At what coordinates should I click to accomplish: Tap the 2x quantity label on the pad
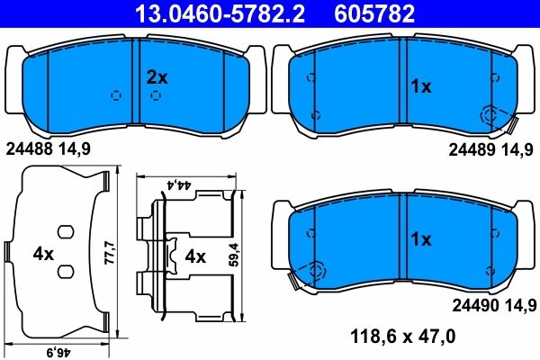pos(157,77)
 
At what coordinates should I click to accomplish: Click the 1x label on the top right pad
pos(421,86)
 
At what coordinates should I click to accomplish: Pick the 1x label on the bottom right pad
pos(421,240)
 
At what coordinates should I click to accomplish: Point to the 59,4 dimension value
pos(233,256)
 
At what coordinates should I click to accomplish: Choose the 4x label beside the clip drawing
pos(195,256)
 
